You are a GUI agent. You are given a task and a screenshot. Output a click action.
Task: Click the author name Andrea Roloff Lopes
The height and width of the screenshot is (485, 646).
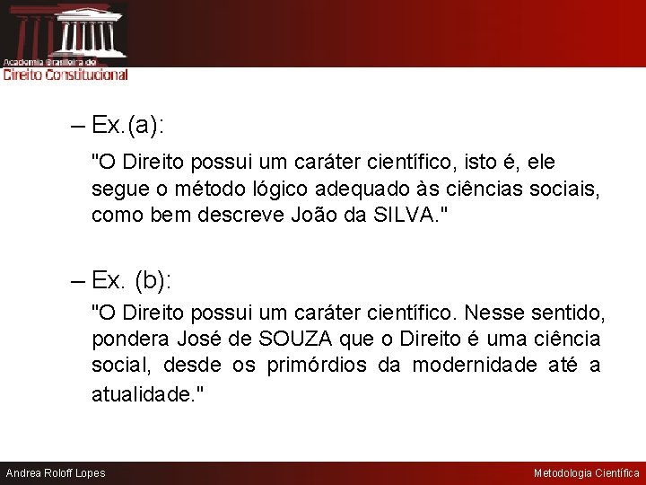click(56, 473)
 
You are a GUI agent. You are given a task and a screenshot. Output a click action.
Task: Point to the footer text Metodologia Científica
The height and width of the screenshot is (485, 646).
click(587, 473)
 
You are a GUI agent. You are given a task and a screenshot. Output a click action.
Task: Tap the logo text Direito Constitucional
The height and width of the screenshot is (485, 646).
click(65, 75)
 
